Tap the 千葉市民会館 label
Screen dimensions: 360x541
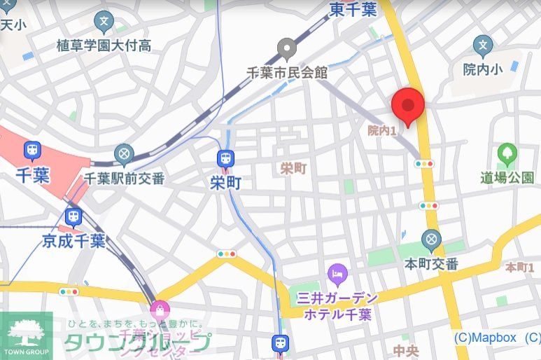pyautogui.click(x=287, y=72)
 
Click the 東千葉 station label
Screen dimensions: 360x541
pyautogui.click(x=353, y=9)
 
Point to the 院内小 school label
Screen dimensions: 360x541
pyautogui.click(x=483, y=69)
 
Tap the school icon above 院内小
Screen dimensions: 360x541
pyautogui.click(x=483, y=46)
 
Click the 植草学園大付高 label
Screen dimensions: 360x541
pyautogui.click(x=104, y=46)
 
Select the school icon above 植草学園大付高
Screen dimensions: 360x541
pyautogui.click(x=104, y=22)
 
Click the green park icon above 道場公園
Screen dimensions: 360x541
pyautogui.click(x=507, y=153)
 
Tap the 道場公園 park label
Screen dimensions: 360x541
pyautogui.click(x=507, y=177)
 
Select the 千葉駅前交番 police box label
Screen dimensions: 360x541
pyautogui.click(x=124, y=178)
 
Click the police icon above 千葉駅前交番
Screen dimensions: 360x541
pyautogui.click(x=125, y=153)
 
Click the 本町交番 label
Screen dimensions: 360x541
pyautogui.click(x=432, y=264)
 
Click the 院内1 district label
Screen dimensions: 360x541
pyautogui.click(x=382, y=130)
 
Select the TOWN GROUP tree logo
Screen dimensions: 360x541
pyautogui.click(x=26, y=333)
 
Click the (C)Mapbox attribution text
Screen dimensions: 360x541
pyautogui.click(x=485, y=338)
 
